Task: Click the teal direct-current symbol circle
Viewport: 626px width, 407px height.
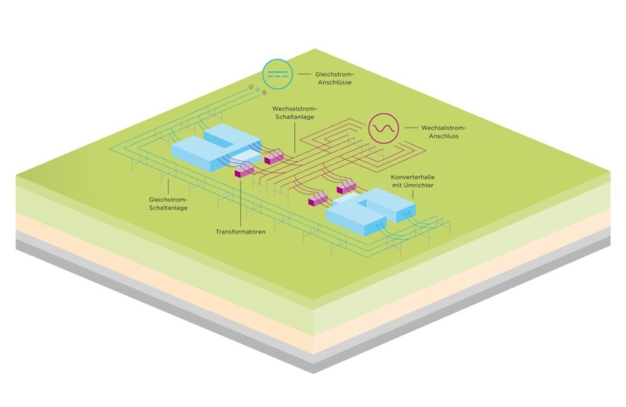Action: click(277, 74)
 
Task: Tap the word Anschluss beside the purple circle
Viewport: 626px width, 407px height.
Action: click(440, 137)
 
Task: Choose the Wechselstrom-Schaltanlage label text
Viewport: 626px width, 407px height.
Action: click(294, 113)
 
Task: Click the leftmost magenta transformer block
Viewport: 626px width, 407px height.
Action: click(243, 170)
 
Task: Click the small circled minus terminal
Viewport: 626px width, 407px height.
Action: click(251, 87)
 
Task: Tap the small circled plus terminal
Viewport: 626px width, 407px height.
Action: click(264, 93)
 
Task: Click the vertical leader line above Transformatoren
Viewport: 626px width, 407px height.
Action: click(240, 201)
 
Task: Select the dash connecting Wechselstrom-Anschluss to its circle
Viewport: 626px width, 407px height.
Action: click(411, 127)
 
